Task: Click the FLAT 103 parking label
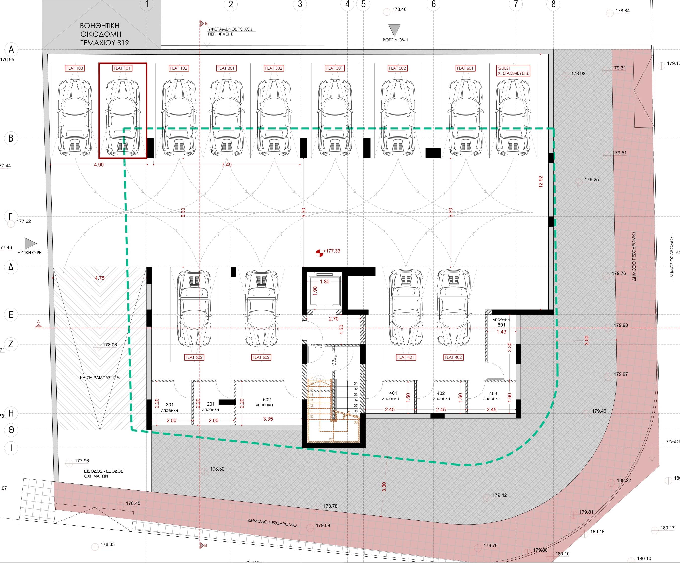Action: (75, 68)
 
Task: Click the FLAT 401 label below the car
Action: (405, 357)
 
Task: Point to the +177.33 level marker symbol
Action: (319, 253)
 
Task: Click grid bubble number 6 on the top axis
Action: (434, 4)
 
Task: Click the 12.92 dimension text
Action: (540, 182)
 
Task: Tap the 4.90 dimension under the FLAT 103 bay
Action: (99, 165)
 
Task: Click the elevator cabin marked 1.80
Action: (325, 290)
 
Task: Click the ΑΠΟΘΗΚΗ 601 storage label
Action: (501, 322)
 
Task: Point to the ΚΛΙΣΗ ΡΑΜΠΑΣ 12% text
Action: (100, 378)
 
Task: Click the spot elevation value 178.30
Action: (217, 469)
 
